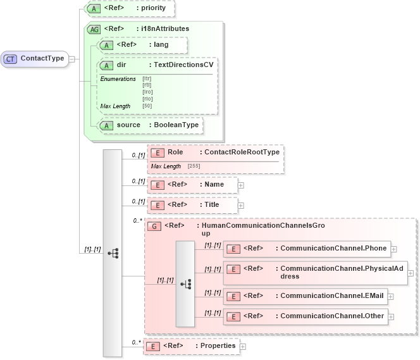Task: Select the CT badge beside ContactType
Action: pos(11,59)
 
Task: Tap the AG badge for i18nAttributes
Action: pos(94,29)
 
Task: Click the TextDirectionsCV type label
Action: pos(181,65)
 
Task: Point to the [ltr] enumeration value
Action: pos(147,79)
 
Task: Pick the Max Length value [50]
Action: pos(147,105)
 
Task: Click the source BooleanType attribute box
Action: pos(149,125)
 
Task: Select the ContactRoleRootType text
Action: pos(239,152)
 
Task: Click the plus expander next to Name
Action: pos(241,185)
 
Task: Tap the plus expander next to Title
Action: pos(241,206)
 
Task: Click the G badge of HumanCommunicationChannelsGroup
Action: pos(153,226)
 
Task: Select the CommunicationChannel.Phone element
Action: pos(307,249)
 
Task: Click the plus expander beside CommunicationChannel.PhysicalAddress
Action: pos(411,273)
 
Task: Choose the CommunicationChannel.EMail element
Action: pos(306,295)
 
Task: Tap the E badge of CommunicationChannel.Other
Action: pos(233,316)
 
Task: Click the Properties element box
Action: pos(192,346)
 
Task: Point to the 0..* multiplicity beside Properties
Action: pos(136,342)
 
